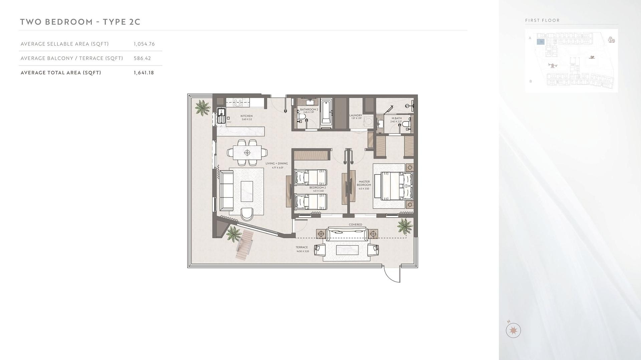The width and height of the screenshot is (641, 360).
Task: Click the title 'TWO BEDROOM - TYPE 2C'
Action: (80, 22)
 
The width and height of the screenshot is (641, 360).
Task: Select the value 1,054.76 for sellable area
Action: (144, 44)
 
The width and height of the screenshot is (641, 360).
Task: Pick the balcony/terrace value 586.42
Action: (143, 58)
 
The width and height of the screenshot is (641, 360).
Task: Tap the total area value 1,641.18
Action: (144, 73)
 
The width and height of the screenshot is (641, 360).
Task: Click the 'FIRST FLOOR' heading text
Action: (543, 20)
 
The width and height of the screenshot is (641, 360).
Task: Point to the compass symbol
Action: (513, 330)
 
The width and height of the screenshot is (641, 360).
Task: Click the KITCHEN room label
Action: (247, 116)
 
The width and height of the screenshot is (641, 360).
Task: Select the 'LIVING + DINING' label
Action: (277, 164)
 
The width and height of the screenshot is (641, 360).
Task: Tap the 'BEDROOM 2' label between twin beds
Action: (317, 188)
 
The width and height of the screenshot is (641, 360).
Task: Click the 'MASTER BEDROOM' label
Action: (364, 184)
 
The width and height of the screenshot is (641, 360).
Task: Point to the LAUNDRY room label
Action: (356, 116)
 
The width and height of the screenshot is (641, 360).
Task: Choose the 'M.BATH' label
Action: (397, 118)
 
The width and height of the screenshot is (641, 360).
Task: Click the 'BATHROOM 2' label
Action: (309, 109)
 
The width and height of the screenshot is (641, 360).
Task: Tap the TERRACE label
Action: (302, 248)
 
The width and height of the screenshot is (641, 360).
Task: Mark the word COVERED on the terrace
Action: (356, 225)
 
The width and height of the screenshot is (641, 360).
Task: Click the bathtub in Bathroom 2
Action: (326, 113)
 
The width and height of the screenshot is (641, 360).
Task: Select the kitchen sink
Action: (221, 117)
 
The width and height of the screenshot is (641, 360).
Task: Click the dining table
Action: (247, 153)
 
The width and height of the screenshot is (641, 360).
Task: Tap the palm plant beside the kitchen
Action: (202, 107)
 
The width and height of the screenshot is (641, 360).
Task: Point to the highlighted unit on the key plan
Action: (541, 42)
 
